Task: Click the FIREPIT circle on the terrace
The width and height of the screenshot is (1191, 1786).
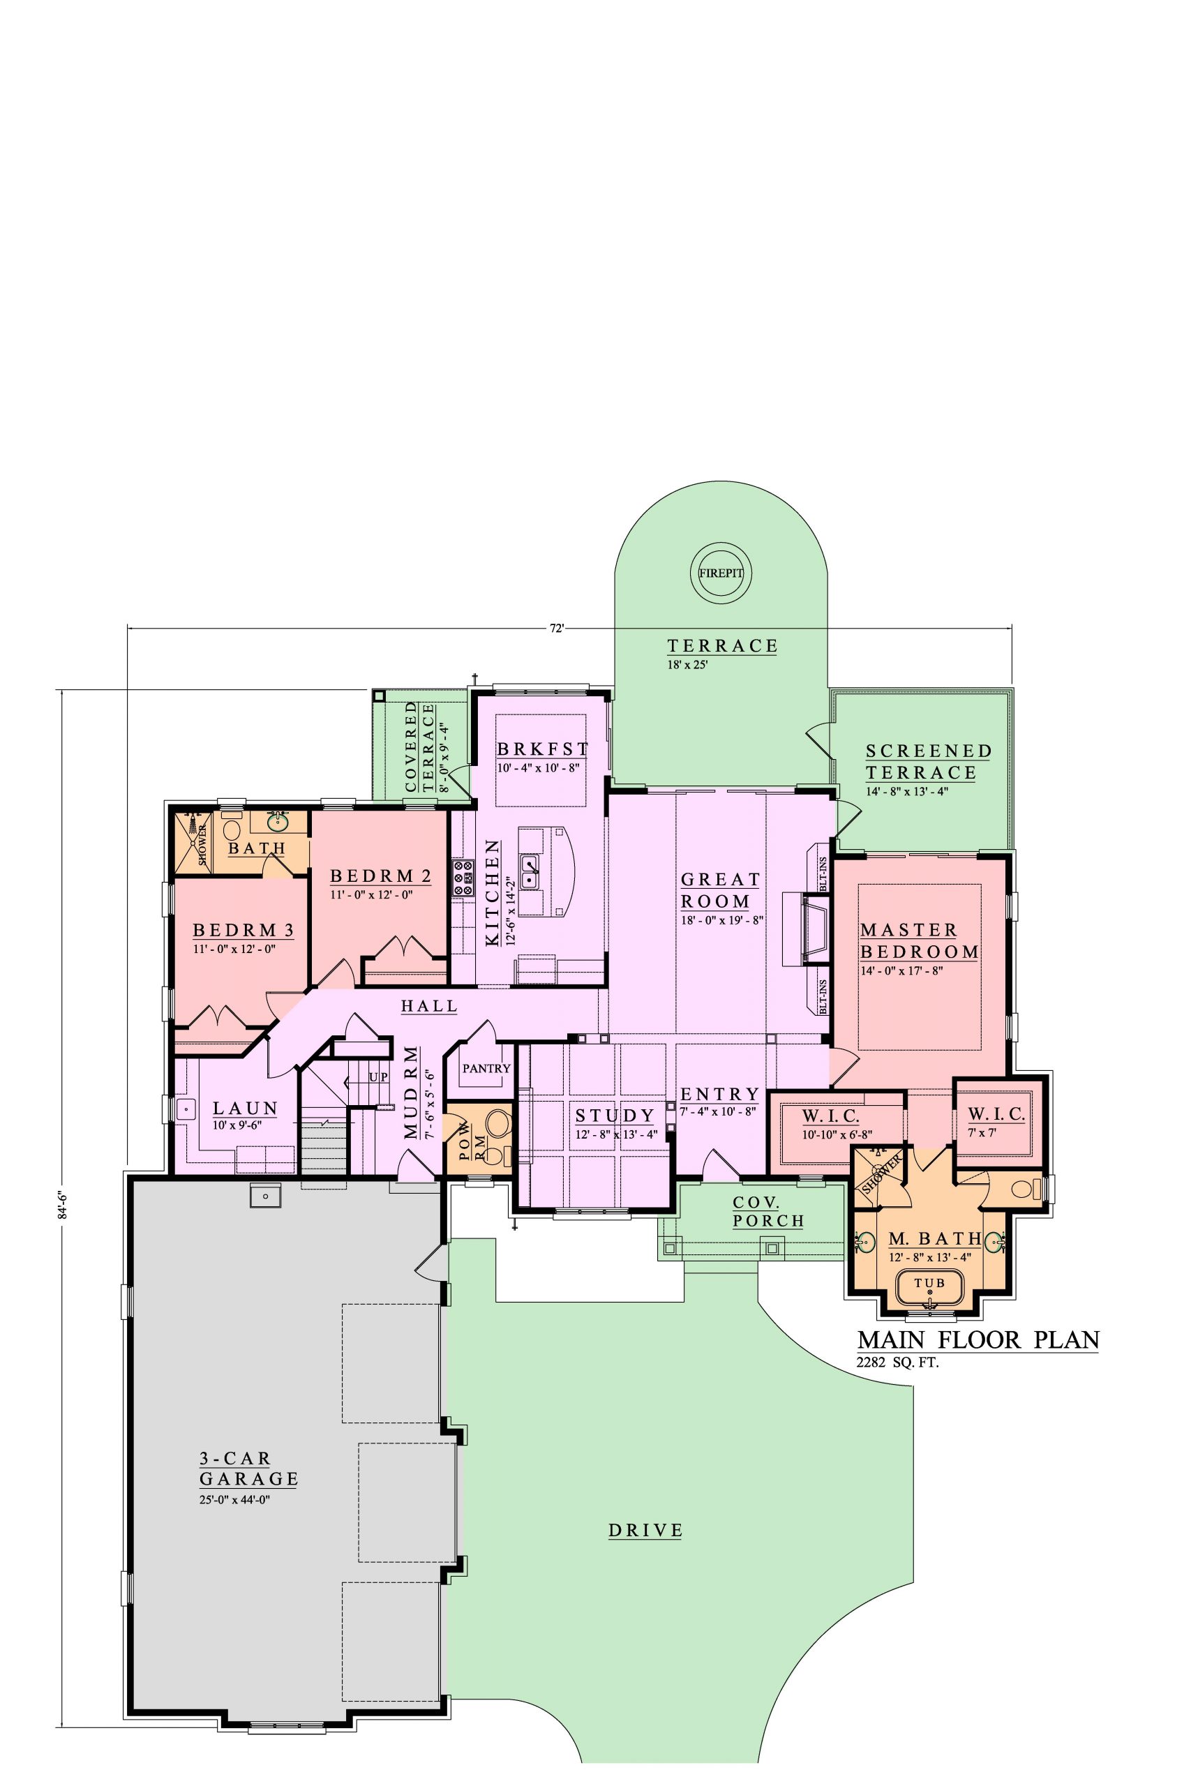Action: pyautogui.click(x=721, y=573)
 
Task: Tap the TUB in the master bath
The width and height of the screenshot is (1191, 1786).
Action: pyautogui.click(x=930, y=1283)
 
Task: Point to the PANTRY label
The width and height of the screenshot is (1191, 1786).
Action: pyautogui.click(x=486, y=1068)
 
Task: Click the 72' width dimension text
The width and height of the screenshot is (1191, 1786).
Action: pyautogui.click(x=558, y=628)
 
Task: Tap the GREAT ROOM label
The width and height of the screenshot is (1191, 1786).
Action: pyautogui.click(x=720, y=890)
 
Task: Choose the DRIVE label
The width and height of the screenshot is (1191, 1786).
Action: pyautogui.click(x=645, y=1530)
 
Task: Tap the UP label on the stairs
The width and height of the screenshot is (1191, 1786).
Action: pyautogui.click(x=378, y=1076)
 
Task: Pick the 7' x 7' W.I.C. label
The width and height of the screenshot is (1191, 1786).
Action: pyautogui.click(x=996, y=1122)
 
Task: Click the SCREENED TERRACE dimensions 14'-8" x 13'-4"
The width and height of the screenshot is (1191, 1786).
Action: pyautogui.click(x=908, y=791)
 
